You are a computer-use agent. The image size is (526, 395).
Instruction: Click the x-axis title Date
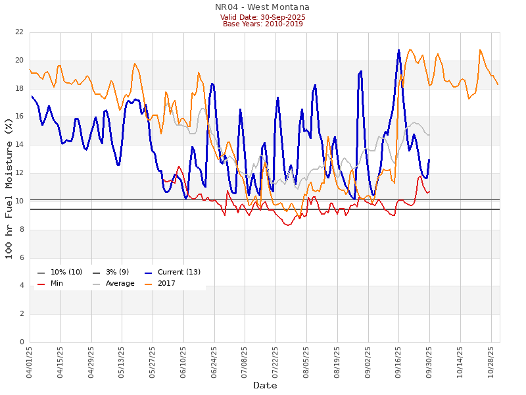point(265,385)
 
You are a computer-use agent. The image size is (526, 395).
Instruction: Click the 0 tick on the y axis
point(22,342)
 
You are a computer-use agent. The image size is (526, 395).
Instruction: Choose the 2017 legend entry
point(170,284)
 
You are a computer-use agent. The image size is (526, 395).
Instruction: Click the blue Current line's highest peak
point(398,50)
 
